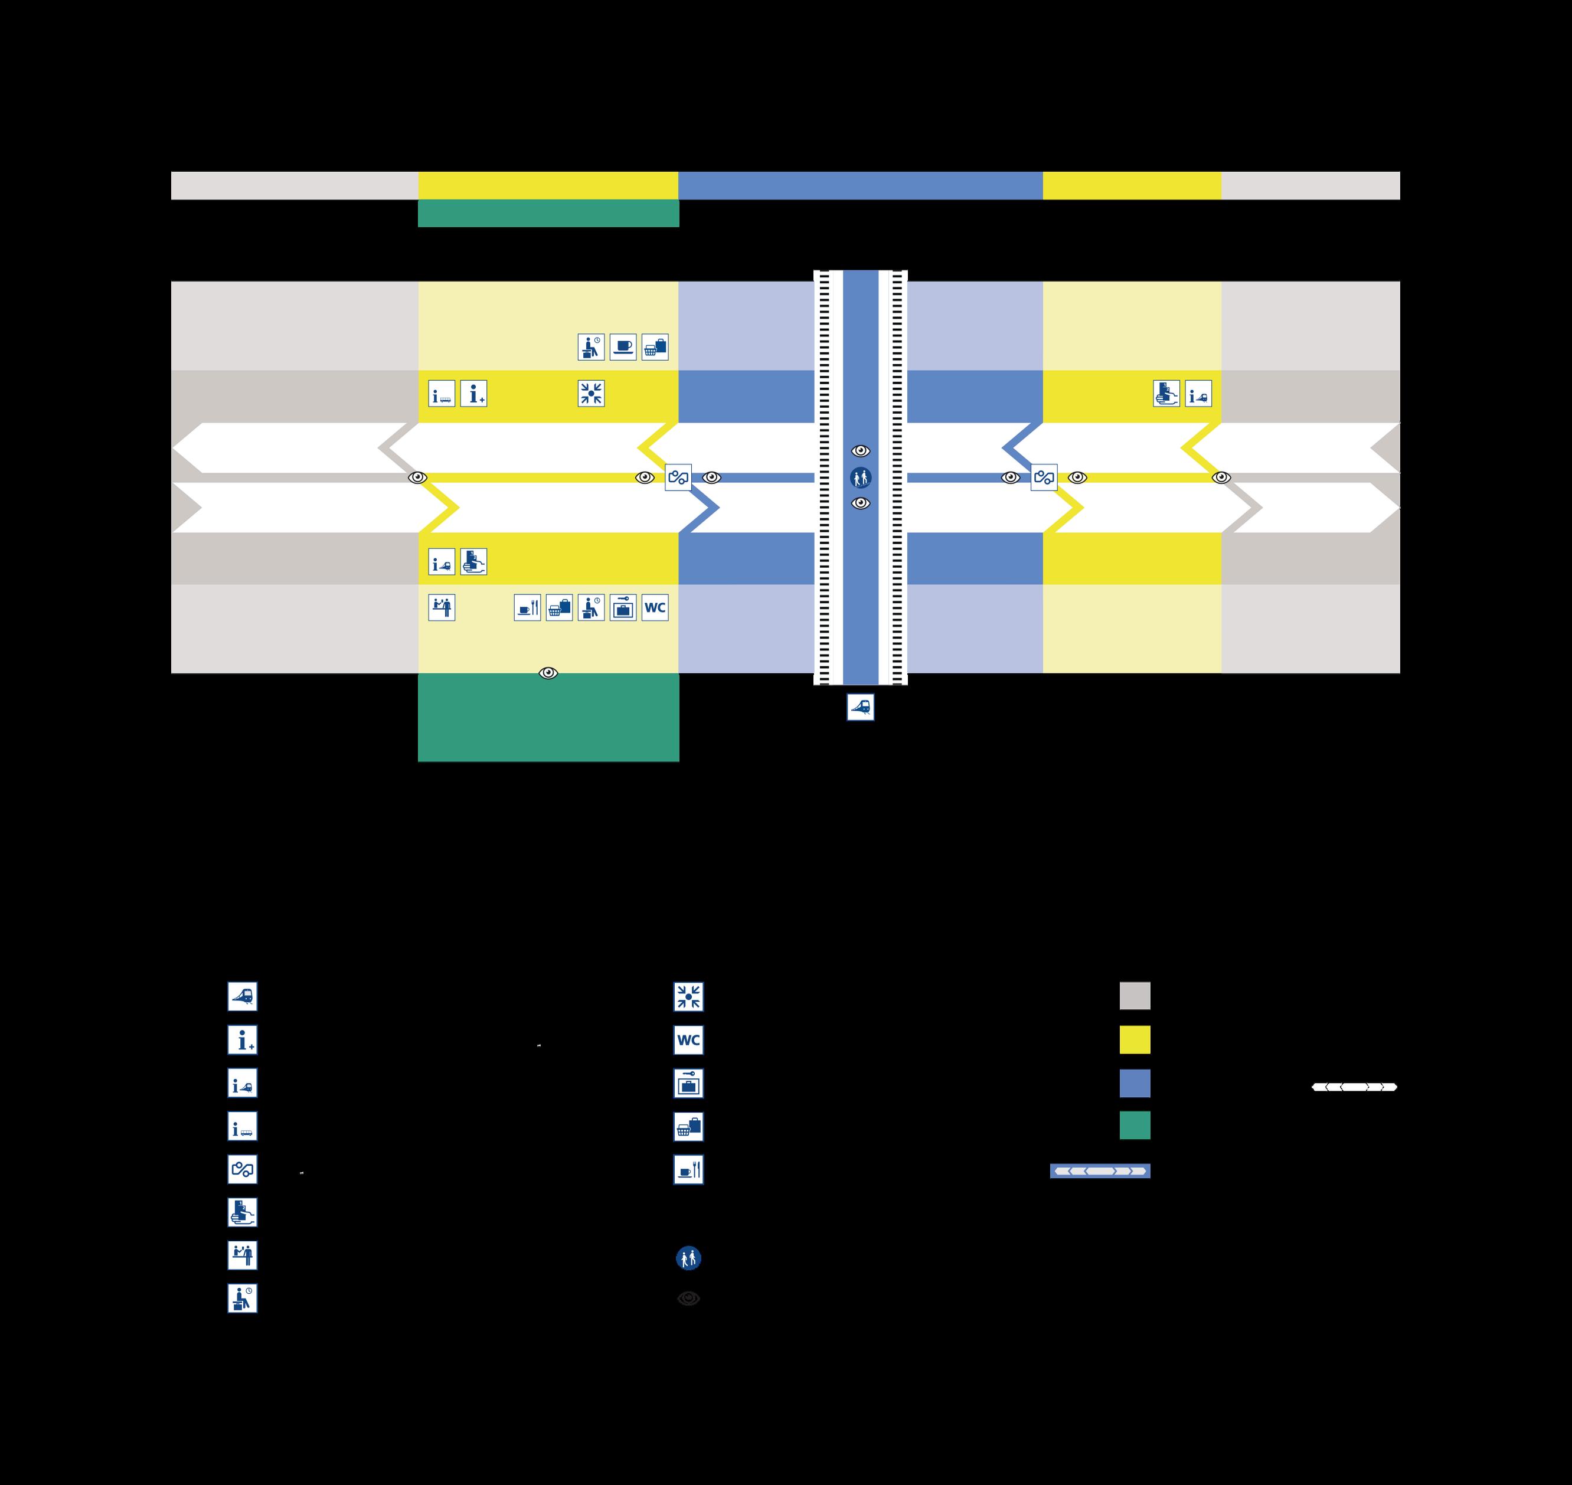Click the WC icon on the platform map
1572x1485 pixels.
pyautogui.click(x=655, y=608)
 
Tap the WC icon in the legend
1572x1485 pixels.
pyautogui.click(x=688, y=1040)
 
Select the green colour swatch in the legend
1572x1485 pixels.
pyautogui.click(x=1134, y=1125)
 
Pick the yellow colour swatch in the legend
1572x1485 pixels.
pyautogui.click(x=1134, y=1039)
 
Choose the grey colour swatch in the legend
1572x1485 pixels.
pyautogui.click(x=1134, y=996)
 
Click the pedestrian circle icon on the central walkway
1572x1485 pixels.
pyautogui.click(x=861, y=477)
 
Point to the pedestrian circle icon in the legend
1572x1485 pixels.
pyautogui.click(x=688, y=1258)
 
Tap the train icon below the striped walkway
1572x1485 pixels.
pyautogui.click(x=861, y=707)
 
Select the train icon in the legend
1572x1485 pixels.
pyautogui.click(x=242, y=997)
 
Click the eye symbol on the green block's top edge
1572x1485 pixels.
pyautogui.click(x=548, y=673)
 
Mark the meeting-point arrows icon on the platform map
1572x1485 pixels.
pyautogui.click(x=591, y=394)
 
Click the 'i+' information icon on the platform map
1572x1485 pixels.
pyautogui.click(x=473, y=394)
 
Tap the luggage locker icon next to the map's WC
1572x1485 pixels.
pyautogui.click(x=623, y=608)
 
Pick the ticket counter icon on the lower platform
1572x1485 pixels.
pyautogui.click(x=442, y=608)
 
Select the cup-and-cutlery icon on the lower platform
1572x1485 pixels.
pyautogui.click(x=527, y=608)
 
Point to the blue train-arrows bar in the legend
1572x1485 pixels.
pyautogui.click(x=1099, y=1171)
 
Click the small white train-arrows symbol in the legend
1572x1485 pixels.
pyautogui.click(x=1354, y=1087)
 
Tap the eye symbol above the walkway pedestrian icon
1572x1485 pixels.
pyautogui.click(x=861, y=451)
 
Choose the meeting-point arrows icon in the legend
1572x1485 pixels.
pyautogui.click(x=688, y=997)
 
